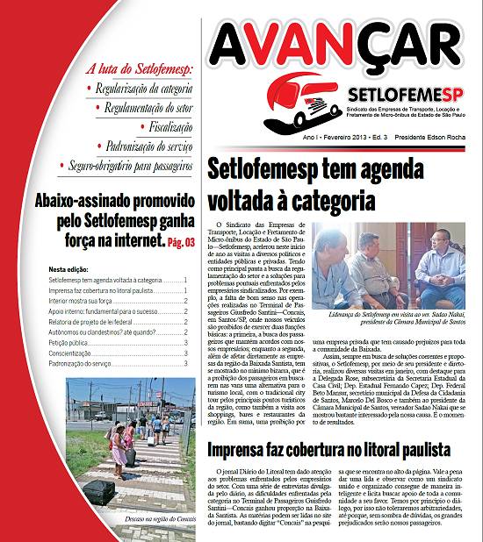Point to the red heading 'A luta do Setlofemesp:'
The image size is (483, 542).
[x=133, y=68]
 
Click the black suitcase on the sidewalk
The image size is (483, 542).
[x=98, y=492]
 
